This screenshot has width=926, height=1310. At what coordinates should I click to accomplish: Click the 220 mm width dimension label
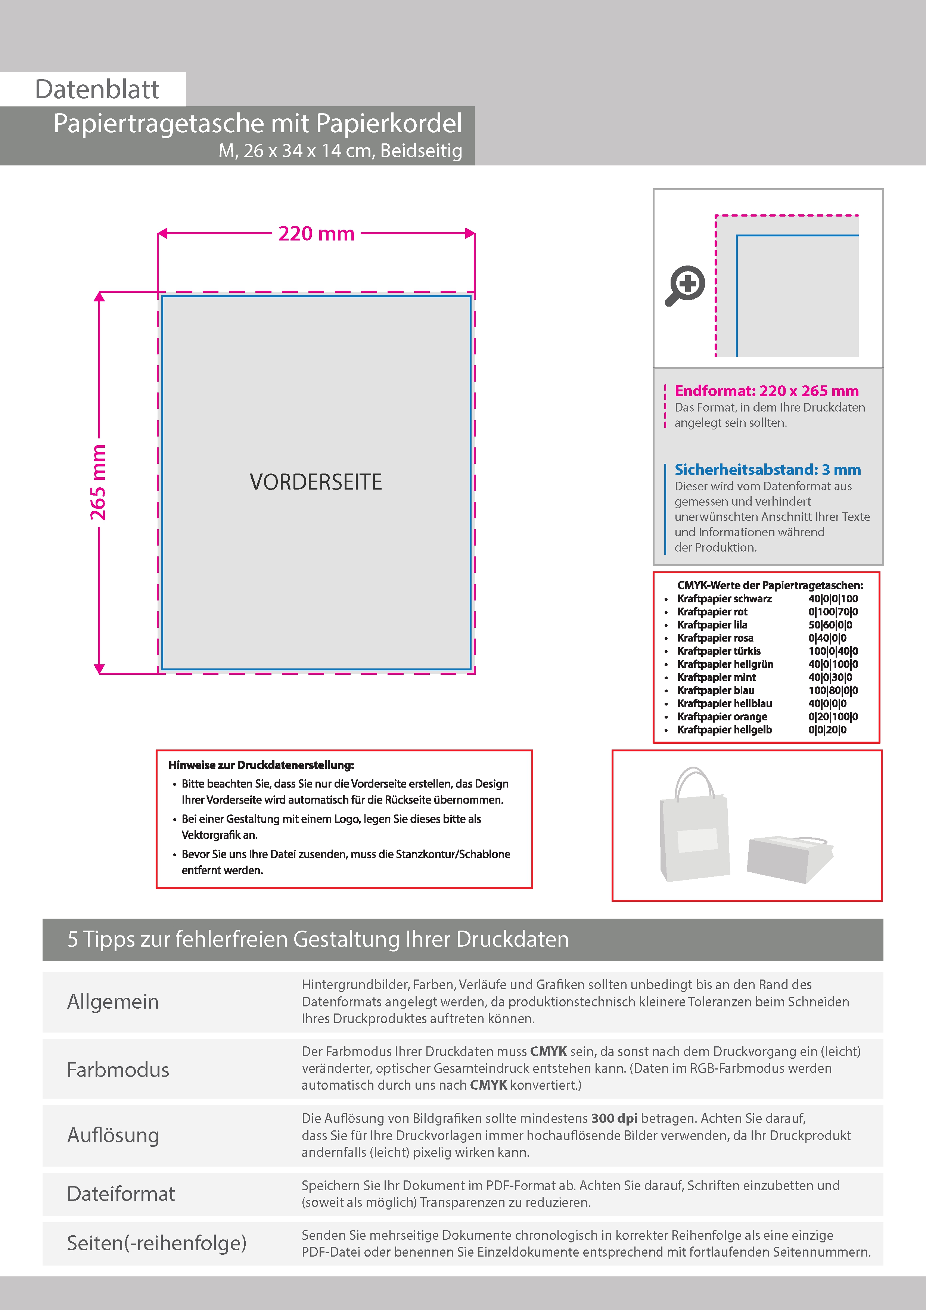(316, 234)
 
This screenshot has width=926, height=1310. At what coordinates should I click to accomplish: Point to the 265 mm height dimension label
(98, 482)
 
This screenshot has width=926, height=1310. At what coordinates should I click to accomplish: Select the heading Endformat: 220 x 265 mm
(766, 391)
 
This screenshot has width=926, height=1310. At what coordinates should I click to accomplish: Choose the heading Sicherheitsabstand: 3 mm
(767, 469)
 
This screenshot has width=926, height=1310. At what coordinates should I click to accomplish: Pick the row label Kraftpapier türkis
(718, 651)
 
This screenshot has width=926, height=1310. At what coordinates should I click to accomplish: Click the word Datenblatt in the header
(97, 90)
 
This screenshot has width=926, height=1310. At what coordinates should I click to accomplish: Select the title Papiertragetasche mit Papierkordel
(257, 123)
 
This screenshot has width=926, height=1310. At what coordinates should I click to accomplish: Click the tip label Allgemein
(113, 1002)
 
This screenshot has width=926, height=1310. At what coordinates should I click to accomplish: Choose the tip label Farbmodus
(118, 1070)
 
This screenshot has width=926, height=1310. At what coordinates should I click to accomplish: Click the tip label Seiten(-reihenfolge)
(156, 1243)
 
